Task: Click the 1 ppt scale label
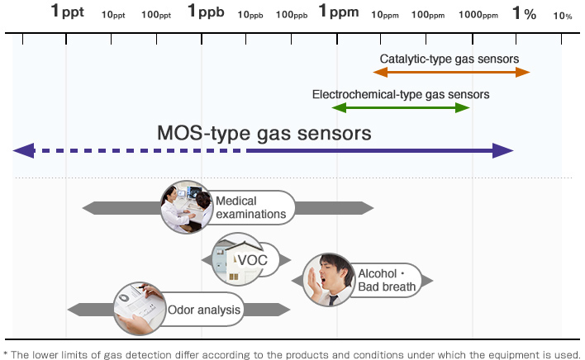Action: pos(68,11)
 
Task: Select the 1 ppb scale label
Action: pos(206,11)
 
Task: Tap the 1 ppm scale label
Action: pos(339,11)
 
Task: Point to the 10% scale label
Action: pos(562,16)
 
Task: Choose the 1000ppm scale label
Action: pos(478,15)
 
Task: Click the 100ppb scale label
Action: pos(292,15)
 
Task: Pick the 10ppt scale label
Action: pos(113,15)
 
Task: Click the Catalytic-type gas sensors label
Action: pos(449,59)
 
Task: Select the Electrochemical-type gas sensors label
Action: pos(401,95)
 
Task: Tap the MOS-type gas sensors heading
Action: pos(264,133)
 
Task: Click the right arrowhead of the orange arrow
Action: pos(523,73)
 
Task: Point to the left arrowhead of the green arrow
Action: pos(339,108)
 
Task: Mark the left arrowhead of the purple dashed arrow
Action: pos(24,150)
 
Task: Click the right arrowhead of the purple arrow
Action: pos(503,150)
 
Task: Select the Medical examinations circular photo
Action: pos(187,207)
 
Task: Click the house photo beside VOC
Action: pos(238,259)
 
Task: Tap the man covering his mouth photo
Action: pos(329,280)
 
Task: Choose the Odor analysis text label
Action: pos(204,310)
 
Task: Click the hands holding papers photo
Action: pos(140,309)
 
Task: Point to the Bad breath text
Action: pos(387,287)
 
